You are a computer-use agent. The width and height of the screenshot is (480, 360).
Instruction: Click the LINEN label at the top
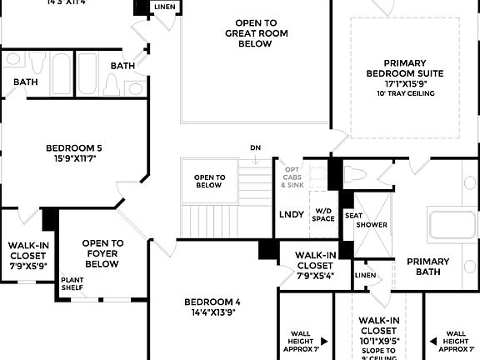[x=165, y=7]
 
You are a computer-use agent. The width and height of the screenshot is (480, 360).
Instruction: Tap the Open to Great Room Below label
[x=248, y=33]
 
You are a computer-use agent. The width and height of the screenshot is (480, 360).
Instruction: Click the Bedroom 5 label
[x=74, y=148]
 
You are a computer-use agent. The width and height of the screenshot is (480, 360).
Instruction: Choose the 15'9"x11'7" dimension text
[x=74, y=159]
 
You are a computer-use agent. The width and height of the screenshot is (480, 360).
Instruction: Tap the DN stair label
[x=255, y=148]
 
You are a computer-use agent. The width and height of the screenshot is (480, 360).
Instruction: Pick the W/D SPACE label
[x=322, y=214]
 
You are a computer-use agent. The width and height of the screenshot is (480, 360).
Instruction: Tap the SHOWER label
[x=371, y=225]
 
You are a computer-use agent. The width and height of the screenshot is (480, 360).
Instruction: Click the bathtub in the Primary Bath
[x=452, y=227]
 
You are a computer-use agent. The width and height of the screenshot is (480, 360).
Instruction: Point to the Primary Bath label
[x=427, y=267]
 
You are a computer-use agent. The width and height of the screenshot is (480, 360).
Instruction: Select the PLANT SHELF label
[x=72, y=284]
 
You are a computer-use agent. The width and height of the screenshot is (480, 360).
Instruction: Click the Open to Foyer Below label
[x=103, y=253]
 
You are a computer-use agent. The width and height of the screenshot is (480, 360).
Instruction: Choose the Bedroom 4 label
[x=213, y=302]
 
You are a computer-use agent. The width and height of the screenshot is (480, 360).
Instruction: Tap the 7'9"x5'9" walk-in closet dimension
[x=28, y=266]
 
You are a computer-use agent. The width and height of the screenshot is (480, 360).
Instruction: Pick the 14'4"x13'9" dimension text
[x=213, y=313]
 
